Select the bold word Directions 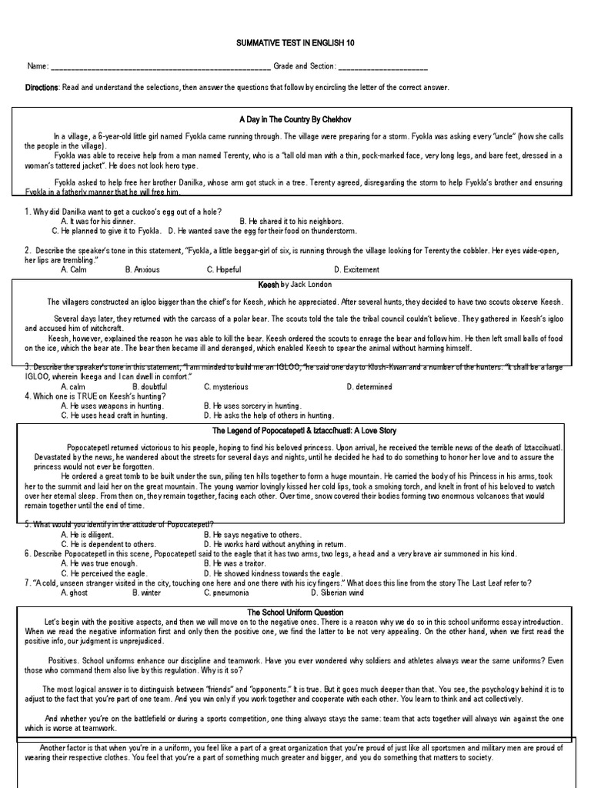[x=42, y=88]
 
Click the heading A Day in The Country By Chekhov [x=295, y=121]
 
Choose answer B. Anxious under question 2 [x=142, y=270]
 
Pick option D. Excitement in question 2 [x=356, y=270]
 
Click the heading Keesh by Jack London [x=295, y=284]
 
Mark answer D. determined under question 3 [x=369, y=387]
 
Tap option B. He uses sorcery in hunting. [x=252, y=406]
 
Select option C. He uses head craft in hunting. [x=114, y=415]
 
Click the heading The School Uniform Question [x=295, y=612]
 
